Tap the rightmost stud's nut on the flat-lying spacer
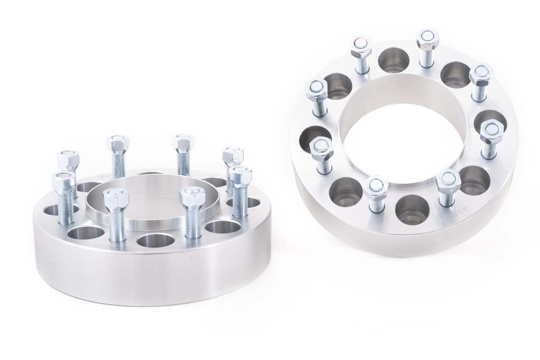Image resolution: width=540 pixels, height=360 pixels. pyautogui.click(x=240, y=174)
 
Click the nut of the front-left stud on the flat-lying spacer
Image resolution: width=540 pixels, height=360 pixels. pyautogui.click(x=116, y=198)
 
